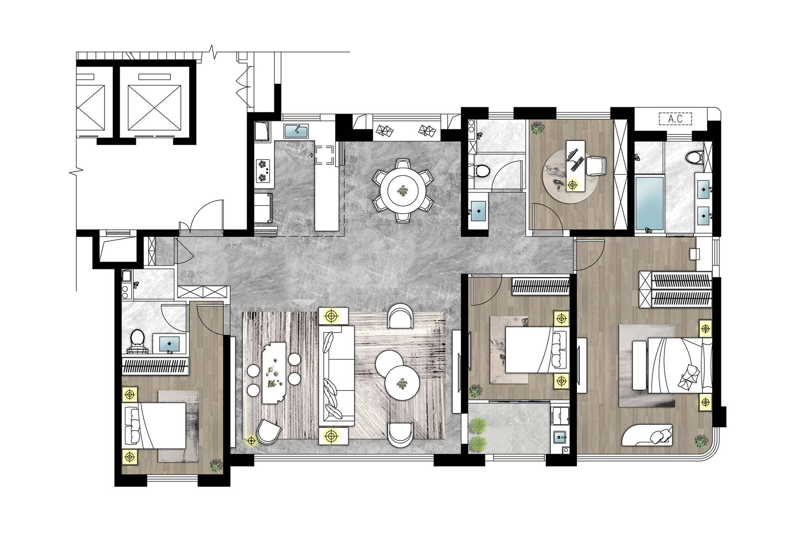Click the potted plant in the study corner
[x=537, y=128]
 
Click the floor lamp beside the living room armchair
[x=251, y=441]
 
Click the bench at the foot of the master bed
[x=639, y=365]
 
